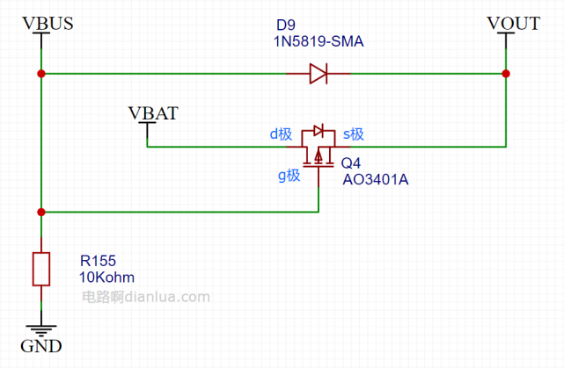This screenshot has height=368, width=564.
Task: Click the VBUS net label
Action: [48, 24]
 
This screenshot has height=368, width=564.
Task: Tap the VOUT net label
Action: [514, 24]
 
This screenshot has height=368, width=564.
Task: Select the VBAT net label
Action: [153, 113]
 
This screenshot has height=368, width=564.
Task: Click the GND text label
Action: [41, 346]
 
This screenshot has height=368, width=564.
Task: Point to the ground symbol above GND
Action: [41, 330]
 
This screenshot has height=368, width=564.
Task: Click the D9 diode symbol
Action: [319, 74]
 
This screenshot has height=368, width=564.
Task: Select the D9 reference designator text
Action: [286, 25]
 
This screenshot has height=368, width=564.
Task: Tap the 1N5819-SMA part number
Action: [319, 41]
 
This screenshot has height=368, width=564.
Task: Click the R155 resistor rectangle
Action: [41, 269]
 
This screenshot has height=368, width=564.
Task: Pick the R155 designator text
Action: [98, 261]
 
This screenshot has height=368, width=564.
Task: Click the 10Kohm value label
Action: [106, 278]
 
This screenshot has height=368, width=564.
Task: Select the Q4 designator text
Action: [351, 163]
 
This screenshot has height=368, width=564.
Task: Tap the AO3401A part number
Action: [376, 179]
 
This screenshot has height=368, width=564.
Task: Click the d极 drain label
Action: [281, 134]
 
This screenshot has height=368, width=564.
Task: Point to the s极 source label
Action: [354, 134]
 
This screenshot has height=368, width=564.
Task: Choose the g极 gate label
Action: [289, 176]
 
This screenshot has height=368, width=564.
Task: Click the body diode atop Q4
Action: [319, 130]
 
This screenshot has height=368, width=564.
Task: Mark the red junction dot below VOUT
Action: [506, 74]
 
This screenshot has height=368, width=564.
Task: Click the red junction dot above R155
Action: [41, 213]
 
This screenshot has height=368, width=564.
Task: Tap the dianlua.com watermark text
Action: [146, 297]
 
